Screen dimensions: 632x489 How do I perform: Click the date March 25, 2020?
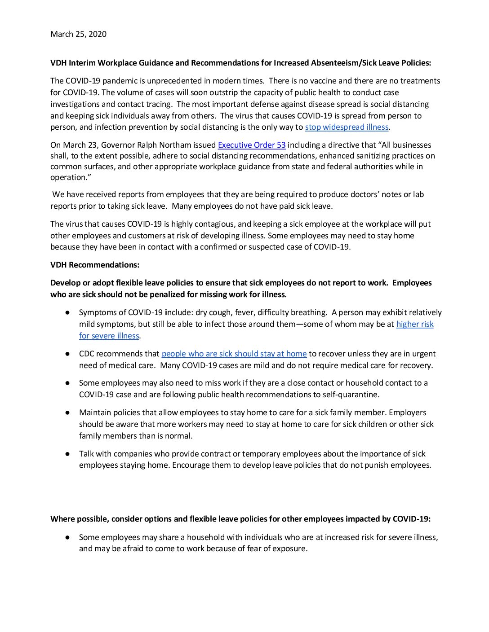click(78, 34)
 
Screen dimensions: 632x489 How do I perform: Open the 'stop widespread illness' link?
click(347, 127)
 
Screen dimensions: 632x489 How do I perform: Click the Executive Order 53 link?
click(252, 145)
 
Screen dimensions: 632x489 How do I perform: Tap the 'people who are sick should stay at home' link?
click(234, 354)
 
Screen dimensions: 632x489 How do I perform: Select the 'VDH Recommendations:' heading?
click(95, 265)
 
